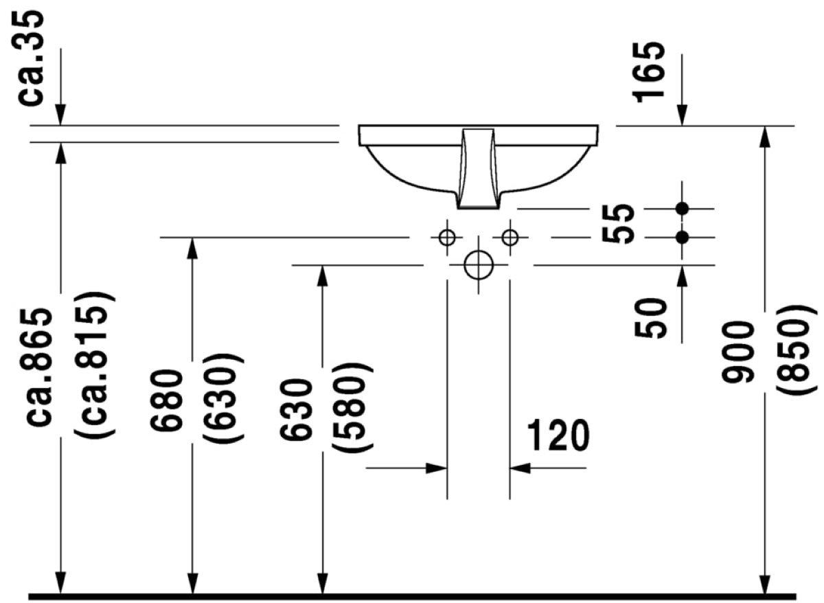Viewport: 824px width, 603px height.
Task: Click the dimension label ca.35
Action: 31,58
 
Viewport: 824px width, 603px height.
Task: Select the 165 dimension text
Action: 648,71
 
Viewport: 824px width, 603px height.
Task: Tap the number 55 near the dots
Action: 618,223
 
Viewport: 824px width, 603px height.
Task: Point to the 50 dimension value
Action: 650,318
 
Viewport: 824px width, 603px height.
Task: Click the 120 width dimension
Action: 558,435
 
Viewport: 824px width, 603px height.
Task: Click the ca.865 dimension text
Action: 39,368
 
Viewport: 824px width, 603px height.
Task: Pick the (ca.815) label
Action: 95,365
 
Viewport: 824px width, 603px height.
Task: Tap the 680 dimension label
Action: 166,400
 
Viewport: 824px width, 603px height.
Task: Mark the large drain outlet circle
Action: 479,265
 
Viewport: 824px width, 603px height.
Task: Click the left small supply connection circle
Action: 447,238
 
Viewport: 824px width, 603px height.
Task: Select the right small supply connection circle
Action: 510,238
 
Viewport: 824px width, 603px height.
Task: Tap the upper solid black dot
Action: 682,209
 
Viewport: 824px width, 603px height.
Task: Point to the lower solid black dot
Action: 682,238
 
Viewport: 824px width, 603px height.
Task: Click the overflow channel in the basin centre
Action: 478,168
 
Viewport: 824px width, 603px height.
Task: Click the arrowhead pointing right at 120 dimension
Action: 436,468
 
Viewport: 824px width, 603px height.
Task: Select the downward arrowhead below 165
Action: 682,115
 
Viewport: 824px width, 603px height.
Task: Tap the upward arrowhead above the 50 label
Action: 682,276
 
